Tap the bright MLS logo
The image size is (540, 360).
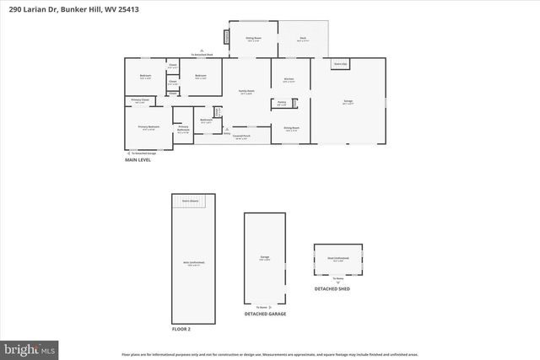(30, 347)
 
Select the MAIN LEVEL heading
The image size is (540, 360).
(138, 159)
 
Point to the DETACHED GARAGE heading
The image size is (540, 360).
(265, 314)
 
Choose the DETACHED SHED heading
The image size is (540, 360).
(332, 289)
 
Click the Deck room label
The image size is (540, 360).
(302, 39)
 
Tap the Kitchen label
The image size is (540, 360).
(289, 80)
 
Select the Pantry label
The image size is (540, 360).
(281, 103)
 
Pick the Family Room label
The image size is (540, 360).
(246, 92)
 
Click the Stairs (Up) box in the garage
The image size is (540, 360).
(339, 64)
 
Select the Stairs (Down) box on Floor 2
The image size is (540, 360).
(193, 201)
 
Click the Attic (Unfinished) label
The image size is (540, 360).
(193, 263)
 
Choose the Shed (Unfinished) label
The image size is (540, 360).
(337, 258)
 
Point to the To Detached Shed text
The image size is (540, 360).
(202, 54)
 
